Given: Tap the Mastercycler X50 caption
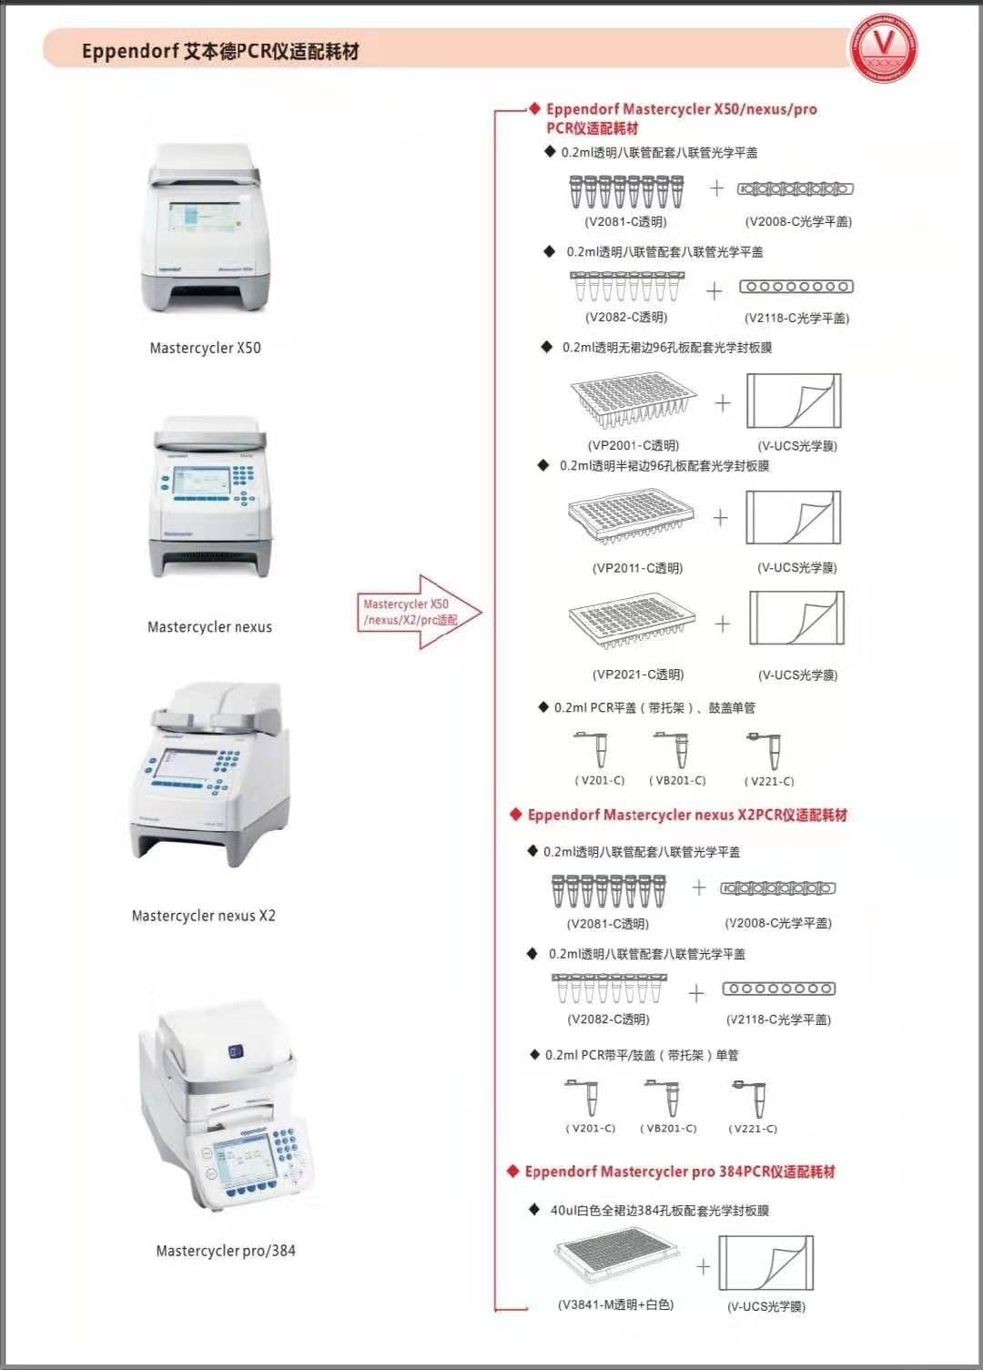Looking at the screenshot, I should [205, 348].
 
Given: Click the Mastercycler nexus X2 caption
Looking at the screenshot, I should [203, 916].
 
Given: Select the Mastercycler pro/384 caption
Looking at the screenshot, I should [225, 1251].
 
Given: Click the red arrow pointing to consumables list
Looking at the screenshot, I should [419, 612].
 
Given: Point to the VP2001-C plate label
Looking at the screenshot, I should [633, 445].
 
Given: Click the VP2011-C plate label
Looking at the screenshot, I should [637, 568].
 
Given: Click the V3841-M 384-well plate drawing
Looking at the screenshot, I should [617, 1260].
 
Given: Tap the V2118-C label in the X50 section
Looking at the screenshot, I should [796, 318].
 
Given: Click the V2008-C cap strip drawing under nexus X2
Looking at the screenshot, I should [777, 888].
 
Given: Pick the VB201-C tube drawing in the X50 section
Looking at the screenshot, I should [675, 750].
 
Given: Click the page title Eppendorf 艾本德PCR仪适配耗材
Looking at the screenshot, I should [220, 51].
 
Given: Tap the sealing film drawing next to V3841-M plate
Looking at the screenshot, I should [765, 1263].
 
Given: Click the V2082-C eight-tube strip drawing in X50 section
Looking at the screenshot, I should [626, 286].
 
